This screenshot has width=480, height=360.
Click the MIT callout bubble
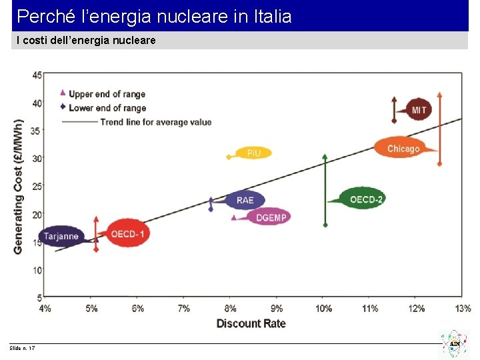pyautogui.click(x=419, y=110)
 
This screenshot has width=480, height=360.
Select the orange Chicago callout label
pyautogui.click(x=403, y=149)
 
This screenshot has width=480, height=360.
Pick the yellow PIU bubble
pyautogui.click(x=254, y=153)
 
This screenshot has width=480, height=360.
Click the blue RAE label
pyautogui.click(x=245, y=200)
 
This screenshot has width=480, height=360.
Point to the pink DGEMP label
pyautogui.click(x=271, y=217)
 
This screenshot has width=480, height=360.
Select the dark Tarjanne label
pyautogui.click(x=61, y=236)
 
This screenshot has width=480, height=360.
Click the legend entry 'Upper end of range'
pyautogui.click(x=107, y=94)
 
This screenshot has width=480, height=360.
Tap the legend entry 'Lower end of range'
pyautogui.click(x=107, y=108)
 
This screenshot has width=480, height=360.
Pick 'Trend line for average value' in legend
pyautogui.click(x=155, y=122)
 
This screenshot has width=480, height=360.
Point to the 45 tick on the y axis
pyautogui.click(x=37, y=75)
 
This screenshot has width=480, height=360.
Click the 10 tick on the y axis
pyautogui.click(x=37, y=270)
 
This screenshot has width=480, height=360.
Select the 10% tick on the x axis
pyautogui.click(x=324, y=309)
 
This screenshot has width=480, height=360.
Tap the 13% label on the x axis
pyautogui.click(x=463, y=309)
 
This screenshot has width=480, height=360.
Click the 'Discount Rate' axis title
pyautogui.click(x=251, y=324)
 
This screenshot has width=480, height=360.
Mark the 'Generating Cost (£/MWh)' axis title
pyautogui.click(x=18, y=186)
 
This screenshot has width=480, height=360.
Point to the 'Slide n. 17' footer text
pyautogui.click(x=23, y=349)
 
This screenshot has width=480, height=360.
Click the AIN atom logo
pyautogui.click(x=453, y=343)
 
